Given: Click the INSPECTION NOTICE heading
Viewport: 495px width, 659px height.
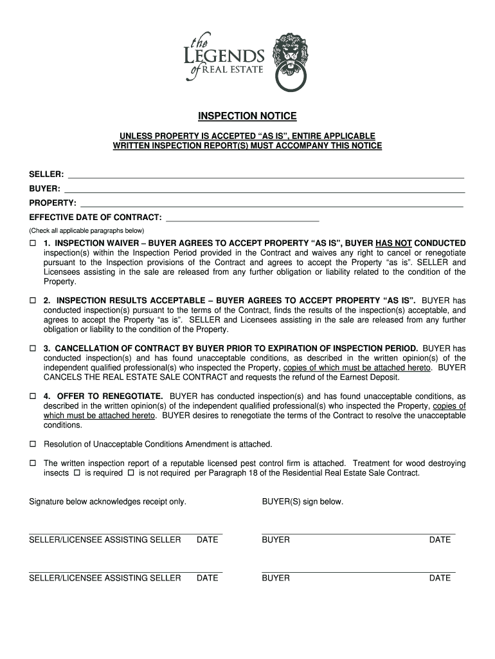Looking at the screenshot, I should point(247,116).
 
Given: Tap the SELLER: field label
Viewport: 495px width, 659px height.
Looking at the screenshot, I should point(46,174).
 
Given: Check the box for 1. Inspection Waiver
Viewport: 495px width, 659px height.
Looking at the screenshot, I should point(33,243).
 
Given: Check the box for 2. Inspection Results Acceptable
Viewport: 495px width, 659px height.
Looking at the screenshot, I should point(33,301).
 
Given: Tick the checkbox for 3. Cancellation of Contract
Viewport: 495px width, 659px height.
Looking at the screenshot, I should point(33,348).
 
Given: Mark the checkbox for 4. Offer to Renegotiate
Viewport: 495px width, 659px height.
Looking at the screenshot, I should point(33,396).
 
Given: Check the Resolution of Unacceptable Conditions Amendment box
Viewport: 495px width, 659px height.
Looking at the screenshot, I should point(33,444).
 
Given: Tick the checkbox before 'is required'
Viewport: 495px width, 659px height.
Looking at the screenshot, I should point(76,473).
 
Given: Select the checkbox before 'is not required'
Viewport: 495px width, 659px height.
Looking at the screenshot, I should point(130,473).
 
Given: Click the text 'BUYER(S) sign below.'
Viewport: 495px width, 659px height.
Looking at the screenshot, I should point(302,501).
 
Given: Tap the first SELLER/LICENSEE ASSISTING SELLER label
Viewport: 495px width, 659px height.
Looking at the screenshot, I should point(105,540).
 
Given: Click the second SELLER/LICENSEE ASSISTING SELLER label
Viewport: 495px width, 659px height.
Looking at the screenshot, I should point(105,579).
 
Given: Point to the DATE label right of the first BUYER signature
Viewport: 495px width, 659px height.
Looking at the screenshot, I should point(440,540).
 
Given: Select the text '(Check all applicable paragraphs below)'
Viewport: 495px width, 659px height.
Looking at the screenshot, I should point(87,230).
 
